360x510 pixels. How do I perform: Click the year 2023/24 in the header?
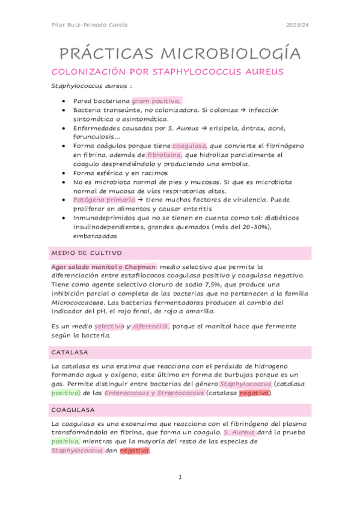pos(297,25)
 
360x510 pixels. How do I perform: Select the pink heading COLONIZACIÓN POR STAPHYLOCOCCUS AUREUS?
pos(168,72)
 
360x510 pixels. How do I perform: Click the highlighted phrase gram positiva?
pos(156,101)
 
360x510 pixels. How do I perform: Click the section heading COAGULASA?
pos(73,410)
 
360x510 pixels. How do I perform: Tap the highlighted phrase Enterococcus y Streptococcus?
pos(154,393)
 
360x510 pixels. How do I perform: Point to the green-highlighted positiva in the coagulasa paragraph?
pos(65,441)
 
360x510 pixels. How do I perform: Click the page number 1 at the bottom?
pos(180,478)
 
